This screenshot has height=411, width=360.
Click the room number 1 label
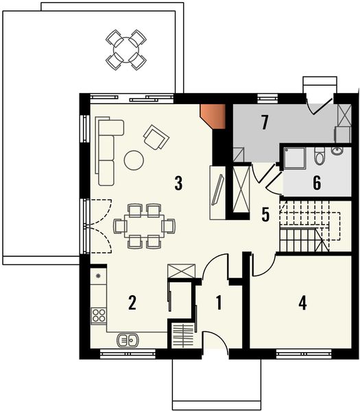coord(219,302)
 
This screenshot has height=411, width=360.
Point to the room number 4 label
coord(302,302)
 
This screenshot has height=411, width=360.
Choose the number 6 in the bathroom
coord(317,183)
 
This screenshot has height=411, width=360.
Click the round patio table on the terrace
coord(127,49)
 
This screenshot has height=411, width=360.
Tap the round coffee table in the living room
coord(134,160)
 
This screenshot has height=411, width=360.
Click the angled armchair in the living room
coord(156,138)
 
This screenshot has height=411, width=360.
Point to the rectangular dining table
coord(143,225)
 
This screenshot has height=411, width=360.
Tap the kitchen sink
coord(128,338)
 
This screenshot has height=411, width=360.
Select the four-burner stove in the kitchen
coord(98,316)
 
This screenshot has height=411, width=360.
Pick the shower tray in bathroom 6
coord(296,158)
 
